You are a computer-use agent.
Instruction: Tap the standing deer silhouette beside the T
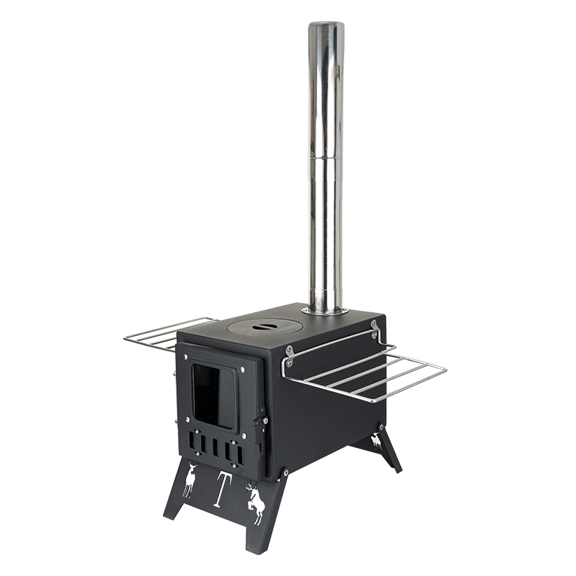190,479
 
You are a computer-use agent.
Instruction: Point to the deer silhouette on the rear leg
377,441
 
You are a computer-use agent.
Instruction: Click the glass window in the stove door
213,397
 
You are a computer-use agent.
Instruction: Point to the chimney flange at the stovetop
325,311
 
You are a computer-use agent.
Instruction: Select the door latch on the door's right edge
261,423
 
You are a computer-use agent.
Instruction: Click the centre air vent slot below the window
215,446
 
